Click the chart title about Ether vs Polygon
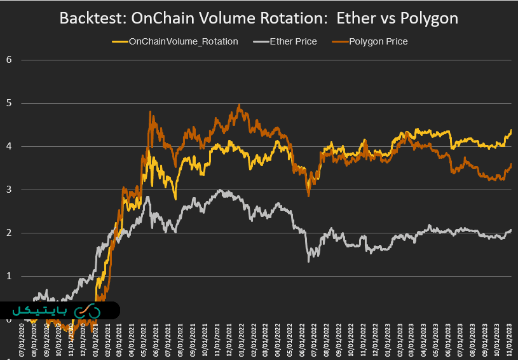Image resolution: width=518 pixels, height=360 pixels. point(259,18)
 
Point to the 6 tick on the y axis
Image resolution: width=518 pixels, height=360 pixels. point(9,60)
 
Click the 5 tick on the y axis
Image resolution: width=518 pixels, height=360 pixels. point(9,103)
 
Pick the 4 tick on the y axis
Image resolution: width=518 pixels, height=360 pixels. point(9,146)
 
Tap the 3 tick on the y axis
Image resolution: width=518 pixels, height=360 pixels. point(9,190)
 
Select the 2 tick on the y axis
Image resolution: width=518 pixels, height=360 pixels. point(9,233)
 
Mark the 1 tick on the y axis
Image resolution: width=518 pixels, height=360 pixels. point(9,276)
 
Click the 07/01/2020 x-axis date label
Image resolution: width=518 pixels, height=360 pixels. point(24,340)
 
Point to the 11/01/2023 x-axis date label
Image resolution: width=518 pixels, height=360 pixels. point(511,340)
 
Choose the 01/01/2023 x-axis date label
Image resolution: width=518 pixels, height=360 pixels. point(389,340)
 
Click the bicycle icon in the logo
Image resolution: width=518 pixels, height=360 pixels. point(87,311)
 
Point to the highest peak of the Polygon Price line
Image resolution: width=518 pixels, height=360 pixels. point(238,105)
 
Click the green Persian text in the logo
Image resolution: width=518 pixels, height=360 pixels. point(39,311)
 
